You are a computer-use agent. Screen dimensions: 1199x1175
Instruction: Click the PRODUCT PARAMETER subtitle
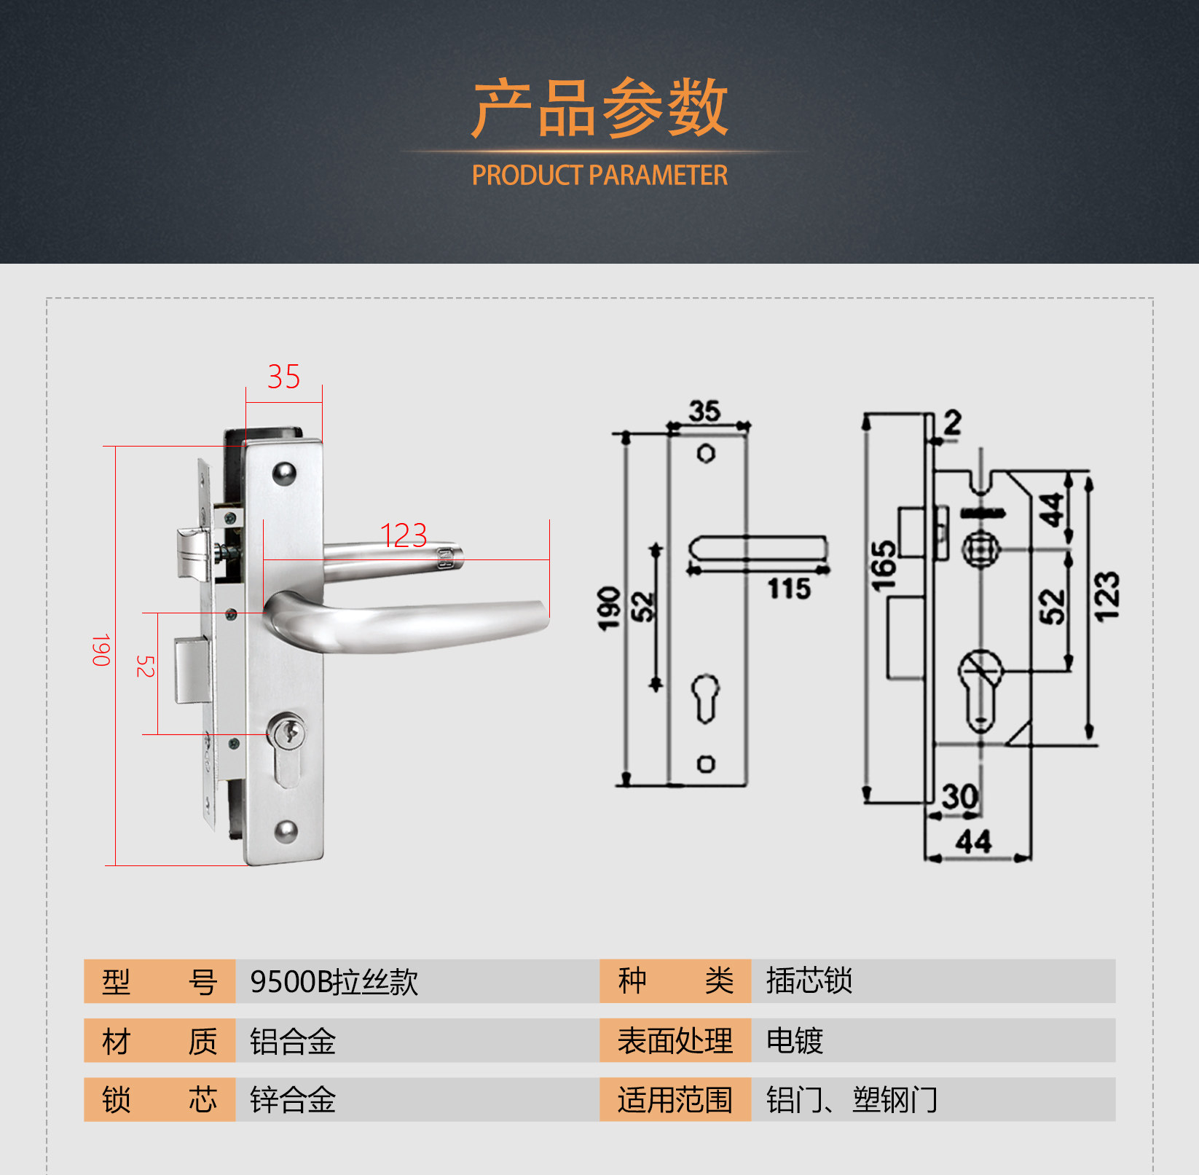click(599, 176)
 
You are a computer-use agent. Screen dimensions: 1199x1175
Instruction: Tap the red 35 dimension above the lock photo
click(283, 377)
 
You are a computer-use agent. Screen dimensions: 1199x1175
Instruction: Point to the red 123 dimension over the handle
click(404, 536)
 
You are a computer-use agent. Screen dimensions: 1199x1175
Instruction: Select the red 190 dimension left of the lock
click(101, 650)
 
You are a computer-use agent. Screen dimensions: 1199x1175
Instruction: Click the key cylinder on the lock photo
click(288, 731)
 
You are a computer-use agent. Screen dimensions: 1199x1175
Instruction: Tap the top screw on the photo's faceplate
click(284, 474)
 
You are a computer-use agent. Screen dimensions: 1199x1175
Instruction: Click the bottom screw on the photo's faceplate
click(285, 831)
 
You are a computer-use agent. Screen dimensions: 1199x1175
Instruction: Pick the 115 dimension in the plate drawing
click(789, 589)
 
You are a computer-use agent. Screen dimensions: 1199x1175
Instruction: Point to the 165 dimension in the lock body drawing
click(884, 566)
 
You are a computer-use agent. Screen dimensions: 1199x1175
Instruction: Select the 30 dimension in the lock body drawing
click(959, 795)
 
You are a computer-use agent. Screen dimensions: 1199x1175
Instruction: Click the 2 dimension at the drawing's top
click(952, 423)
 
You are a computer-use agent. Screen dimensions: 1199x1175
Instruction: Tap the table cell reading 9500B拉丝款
click(334, 982)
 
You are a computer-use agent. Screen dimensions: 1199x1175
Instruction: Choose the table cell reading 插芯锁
click(809, 981)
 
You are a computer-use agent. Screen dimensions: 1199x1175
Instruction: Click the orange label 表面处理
click(675, 1041)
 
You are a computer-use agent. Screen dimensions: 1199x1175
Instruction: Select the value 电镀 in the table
click(794, 1041)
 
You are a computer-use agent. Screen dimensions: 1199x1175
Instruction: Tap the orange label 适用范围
click(675, 1100)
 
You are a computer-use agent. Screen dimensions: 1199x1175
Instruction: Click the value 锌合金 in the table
click(293, 1100)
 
